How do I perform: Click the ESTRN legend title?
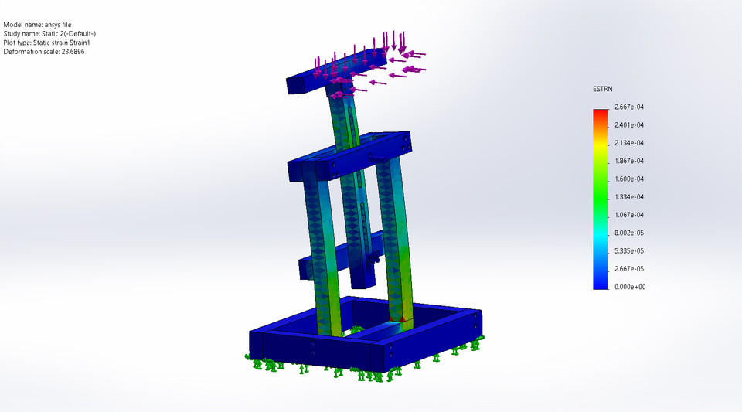coord(604,90)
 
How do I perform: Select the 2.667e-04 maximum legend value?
coord(630,107)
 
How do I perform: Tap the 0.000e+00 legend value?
coord(630,287)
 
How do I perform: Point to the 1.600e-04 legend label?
coord(630,179)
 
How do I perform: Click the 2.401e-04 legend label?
coord(630,124)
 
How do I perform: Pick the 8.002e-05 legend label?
coord(630,233)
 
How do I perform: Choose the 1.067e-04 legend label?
coord(630,215)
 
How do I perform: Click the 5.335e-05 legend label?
coord(630,251)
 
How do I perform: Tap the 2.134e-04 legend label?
coord(630,143)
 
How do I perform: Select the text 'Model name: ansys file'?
coord(38,25)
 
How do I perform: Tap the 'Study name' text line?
coord(49,34)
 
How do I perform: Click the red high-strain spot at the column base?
coord(401,317)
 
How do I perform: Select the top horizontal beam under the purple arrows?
coord(309,80)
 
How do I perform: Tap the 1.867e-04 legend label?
coord(630,161)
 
